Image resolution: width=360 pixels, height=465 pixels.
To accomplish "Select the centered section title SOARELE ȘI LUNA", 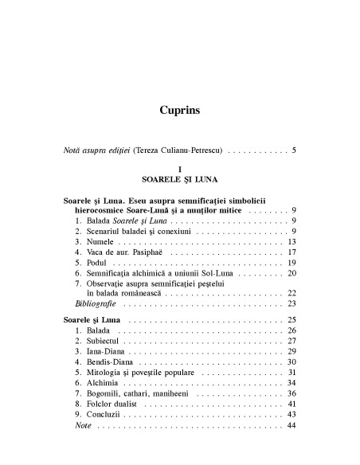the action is coord(180,181).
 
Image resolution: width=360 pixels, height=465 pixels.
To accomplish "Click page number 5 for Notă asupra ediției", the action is coord(294,150).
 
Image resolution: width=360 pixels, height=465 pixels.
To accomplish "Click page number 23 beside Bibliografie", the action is coord(292,303).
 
